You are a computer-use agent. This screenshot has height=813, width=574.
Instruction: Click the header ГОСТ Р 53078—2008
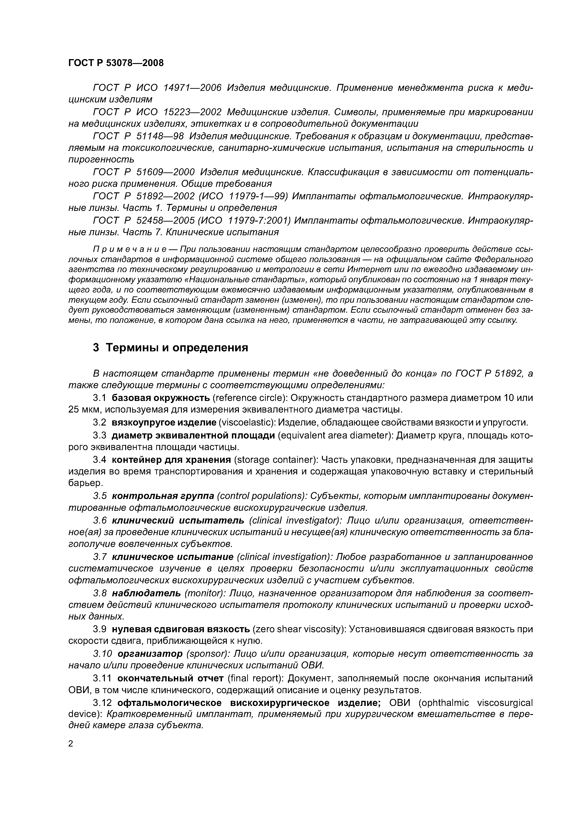coord(116,63)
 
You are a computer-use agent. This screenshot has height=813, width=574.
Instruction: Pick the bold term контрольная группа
coord(163,496)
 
